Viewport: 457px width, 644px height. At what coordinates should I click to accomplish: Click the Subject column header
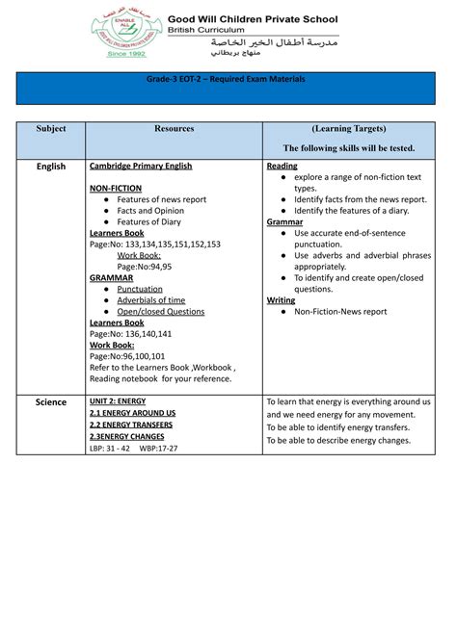[51, 128]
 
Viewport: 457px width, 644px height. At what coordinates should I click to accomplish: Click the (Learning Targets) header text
[348, 128]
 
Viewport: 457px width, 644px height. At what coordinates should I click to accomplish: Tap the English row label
[51, 167]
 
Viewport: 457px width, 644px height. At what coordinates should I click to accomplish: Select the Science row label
[51, 402]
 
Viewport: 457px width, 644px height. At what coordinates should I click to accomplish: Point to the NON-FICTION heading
[116, 189]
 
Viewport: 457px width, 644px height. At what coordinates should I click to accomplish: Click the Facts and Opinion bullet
[150, 211]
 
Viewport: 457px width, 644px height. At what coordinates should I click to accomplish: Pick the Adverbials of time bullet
[151, 300]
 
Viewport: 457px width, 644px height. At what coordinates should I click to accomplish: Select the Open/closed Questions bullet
[161, 312]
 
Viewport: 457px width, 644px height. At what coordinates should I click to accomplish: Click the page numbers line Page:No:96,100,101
[130, 356]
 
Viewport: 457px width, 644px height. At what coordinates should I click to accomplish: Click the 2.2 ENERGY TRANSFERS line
[133, 425]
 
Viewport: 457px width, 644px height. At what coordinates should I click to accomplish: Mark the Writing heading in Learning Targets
[281, 300]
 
